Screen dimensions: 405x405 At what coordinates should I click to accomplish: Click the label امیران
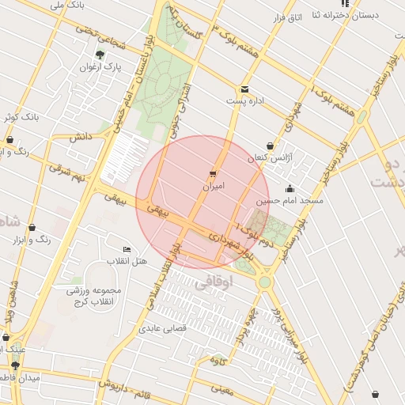click(x=214, y=187)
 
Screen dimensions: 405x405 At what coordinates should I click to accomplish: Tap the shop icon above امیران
click(x=214, y=173)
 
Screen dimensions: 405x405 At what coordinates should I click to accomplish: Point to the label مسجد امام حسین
click(x=290, y=202)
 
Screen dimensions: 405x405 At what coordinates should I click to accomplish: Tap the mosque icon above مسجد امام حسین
click(x=290, y=188)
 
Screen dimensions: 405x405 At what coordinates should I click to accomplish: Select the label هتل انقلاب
click(x=128, y=261)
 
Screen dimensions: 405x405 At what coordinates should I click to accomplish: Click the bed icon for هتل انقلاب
click(x=127, y=248)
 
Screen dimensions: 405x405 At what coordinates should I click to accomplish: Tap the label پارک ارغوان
click(x=100, y=68)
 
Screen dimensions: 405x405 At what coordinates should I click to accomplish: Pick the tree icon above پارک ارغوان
click(x=100, y=55)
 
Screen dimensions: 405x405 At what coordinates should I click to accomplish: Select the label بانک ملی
click(x=66, y=6)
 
